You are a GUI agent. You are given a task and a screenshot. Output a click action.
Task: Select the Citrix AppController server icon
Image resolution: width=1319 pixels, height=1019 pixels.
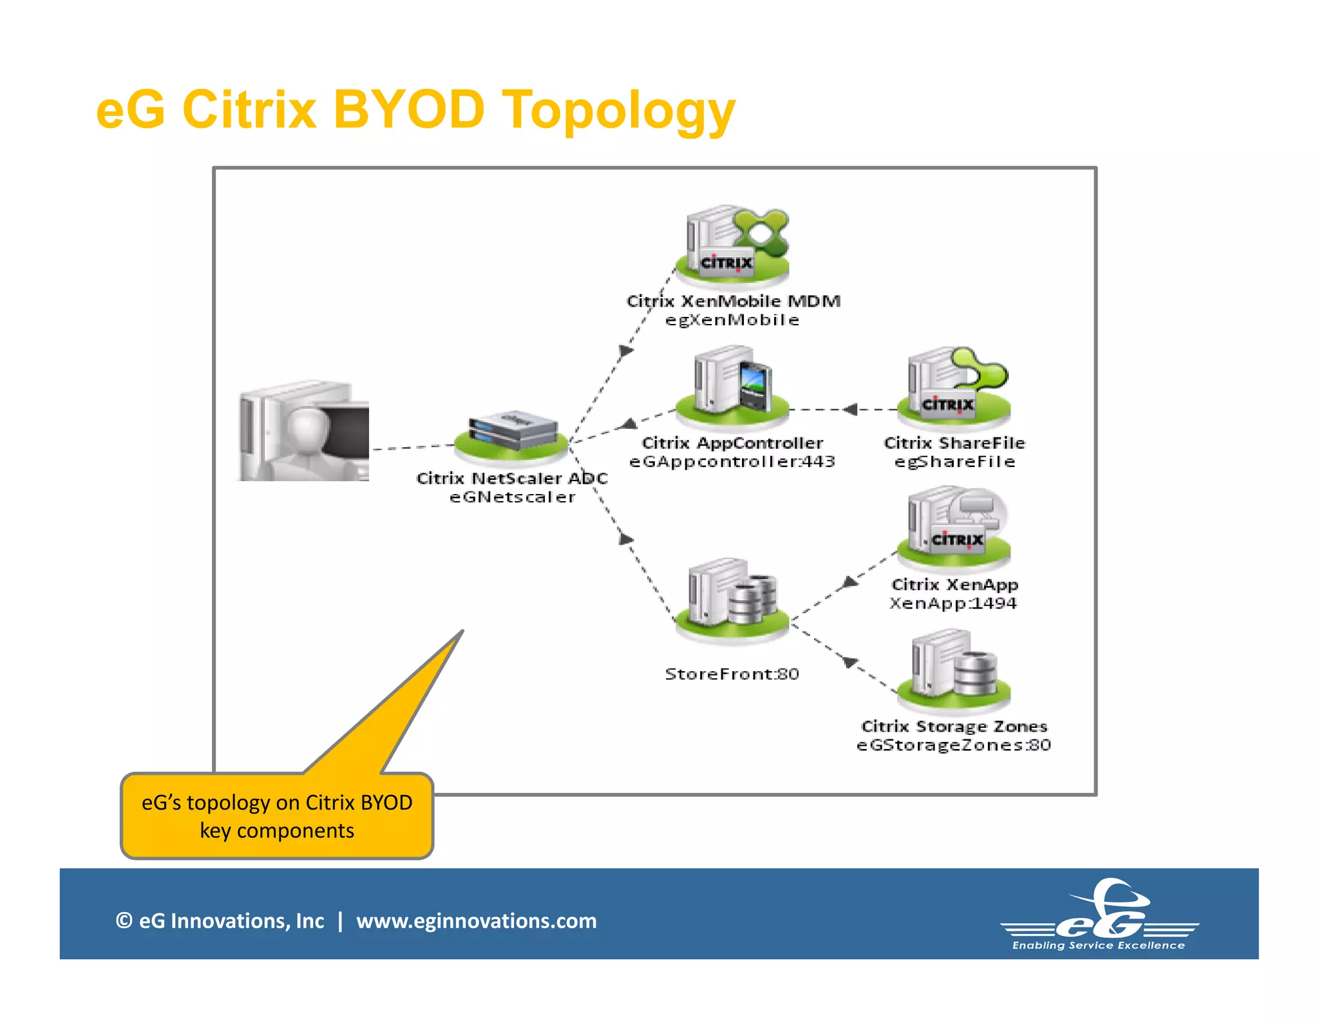pyautogui.click(x=732, y=386)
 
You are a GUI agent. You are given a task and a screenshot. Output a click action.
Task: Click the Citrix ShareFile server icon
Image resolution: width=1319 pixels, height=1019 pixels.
pyautogui.click(x=955, y=386)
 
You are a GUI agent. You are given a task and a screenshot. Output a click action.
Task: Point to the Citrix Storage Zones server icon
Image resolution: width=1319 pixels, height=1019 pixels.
pyautogui.click(x=955, y=670)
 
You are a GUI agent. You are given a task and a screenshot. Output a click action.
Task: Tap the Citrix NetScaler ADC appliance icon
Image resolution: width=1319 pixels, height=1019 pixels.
pyautogui.click(x=512, y=434)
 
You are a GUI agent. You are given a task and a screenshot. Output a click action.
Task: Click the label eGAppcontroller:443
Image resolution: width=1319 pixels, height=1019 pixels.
pyautogui.click(x=732, y=462)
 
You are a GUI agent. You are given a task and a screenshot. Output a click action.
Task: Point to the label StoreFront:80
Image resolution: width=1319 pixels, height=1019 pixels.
pyautogui.click(x=732, y=674)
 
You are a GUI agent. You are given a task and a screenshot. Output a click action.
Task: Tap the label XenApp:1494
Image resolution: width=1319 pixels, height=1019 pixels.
pyautogui.click(x=953, y=604)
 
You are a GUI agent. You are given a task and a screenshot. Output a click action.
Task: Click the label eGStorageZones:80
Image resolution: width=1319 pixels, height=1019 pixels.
pyautogui.click(x=954, y=745)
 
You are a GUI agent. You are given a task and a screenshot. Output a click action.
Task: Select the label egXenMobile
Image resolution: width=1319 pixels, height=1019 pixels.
pyautogui.click(x=732, y=320)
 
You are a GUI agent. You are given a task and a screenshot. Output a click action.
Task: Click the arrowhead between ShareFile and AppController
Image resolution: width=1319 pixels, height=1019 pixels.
pyautogui.click(x=850, y=409)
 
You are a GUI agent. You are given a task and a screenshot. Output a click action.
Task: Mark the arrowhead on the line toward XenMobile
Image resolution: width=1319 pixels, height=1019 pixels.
pyautogui.click(x=625, y=351)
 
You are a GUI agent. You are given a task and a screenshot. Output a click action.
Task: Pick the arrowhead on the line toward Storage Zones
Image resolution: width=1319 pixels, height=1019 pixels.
pyautogui.click(x=850, y=662)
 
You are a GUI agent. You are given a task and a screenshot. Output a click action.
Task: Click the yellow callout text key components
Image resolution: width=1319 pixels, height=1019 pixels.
pyautogui.click(x=277, y=831)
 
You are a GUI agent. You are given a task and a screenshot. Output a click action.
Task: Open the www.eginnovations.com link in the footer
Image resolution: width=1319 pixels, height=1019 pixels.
pyautogui.click(x=477, y=921)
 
